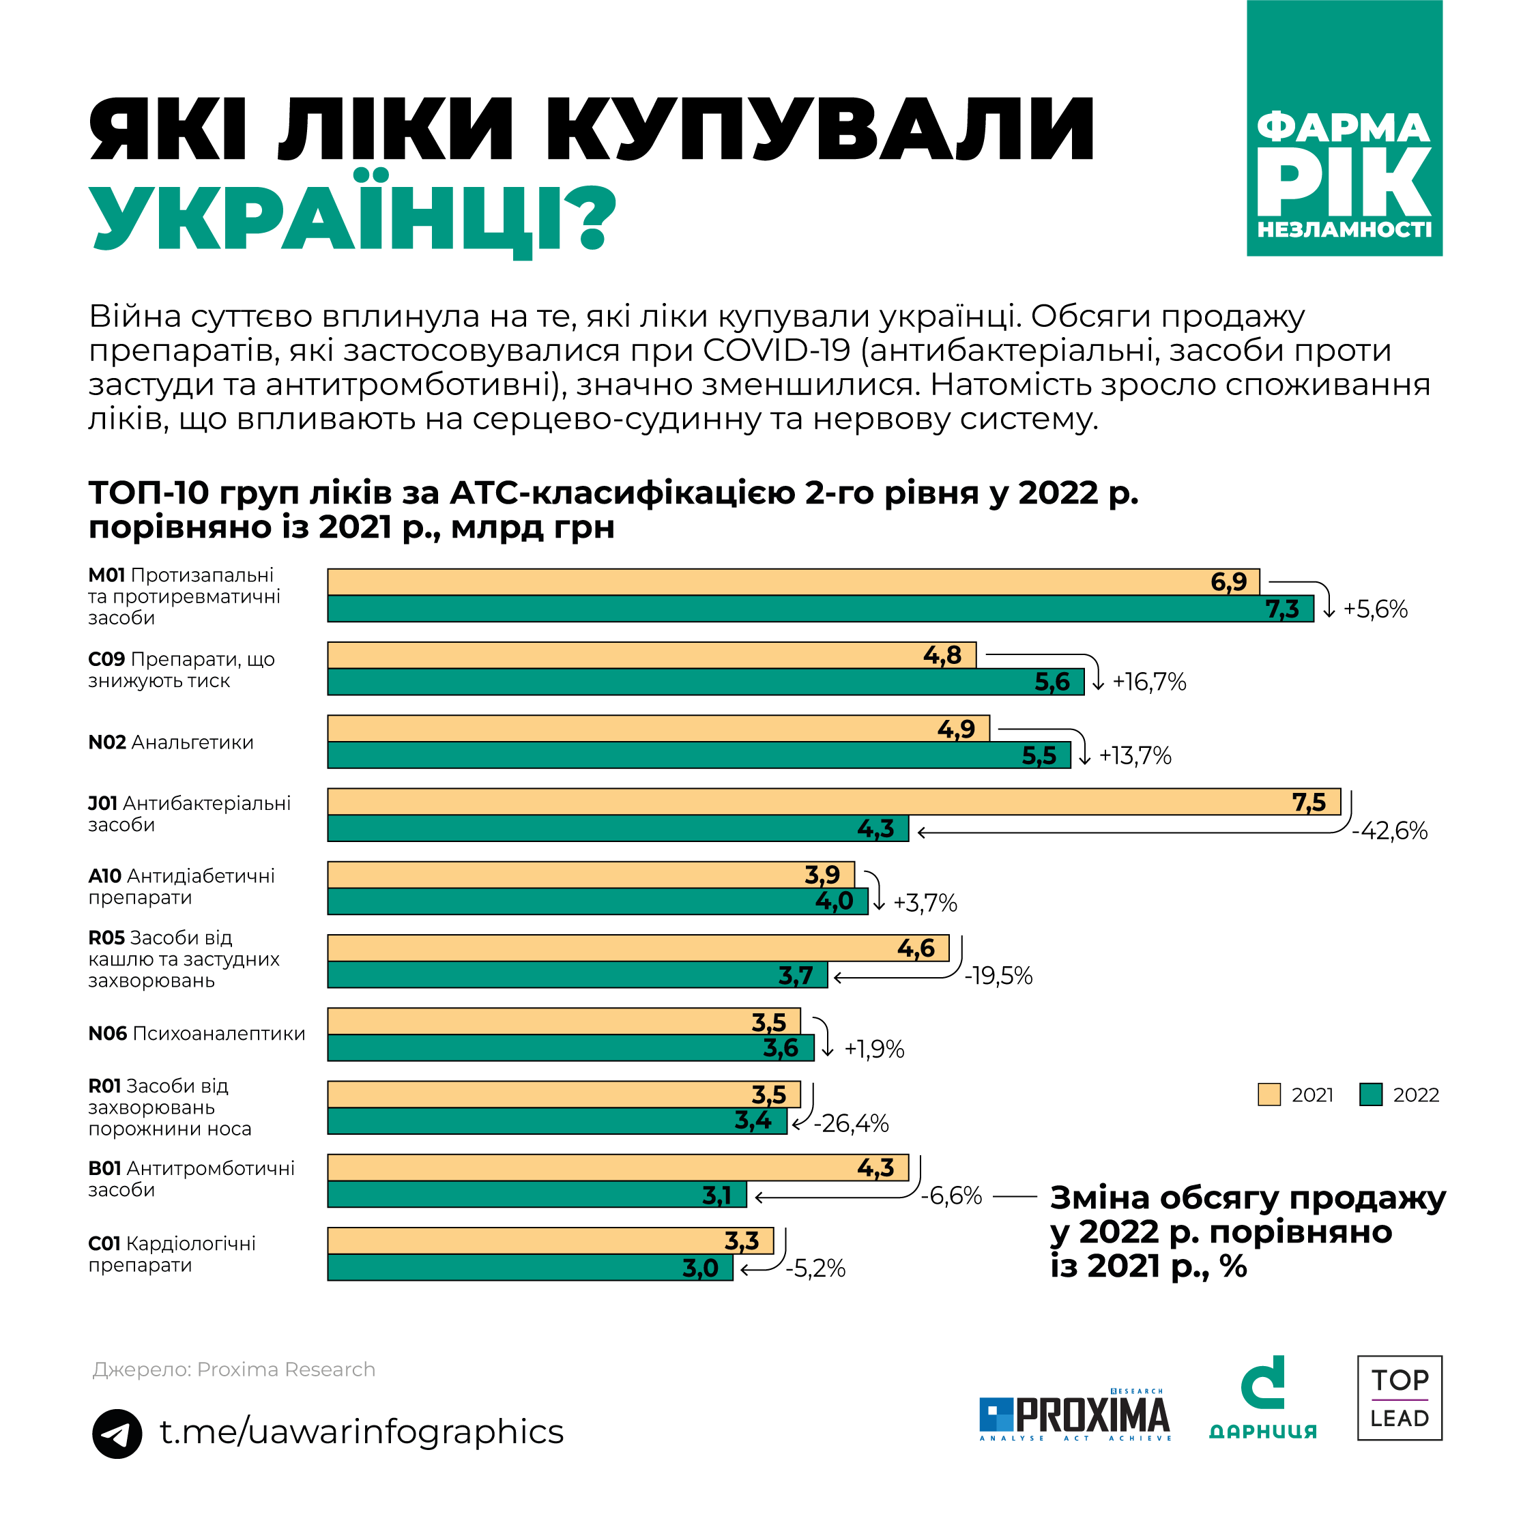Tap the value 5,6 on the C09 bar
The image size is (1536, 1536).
point(1052,682)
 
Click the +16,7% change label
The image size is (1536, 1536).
point(1149,682)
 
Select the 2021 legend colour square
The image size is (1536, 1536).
point(1269,1095)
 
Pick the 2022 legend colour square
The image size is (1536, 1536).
point(1371,1095)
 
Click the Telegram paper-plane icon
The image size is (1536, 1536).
point(117,1434)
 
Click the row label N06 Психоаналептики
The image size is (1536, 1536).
point(197,1034)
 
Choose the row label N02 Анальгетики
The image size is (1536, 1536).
point(171,742)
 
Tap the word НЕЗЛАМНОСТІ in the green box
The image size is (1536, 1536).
point(1344,230)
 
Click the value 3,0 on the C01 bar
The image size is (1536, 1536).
point(699,1268)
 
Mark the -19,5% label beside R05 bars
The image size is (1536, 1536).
point(998,976)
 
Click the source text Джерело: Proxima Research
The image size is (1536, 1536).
point(234,1369)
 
